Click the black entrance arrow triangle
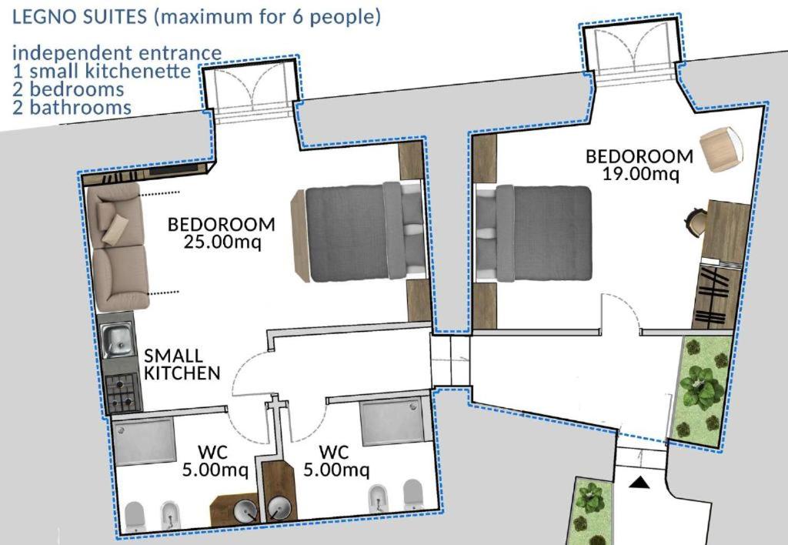click(x=639, y=483)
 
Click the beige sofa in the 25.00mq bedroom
click(x=118, y=246)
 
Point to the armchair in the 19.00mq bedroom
click(x=721, y=149)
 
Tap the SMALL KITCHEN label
click(x=182, y=364)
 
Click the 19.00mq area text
click(x=641, y=174)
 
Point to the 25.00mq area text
click(x=222, y=242)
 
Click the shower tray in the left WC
click(x=143, y=441)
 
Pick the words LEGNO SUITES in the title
click(x=79, y=17)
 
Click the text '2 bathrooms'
click(x=72, y=107)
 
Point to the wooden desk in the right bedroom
click(x=725, y=230)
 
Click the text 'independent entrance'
click(x=117, y=53)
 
